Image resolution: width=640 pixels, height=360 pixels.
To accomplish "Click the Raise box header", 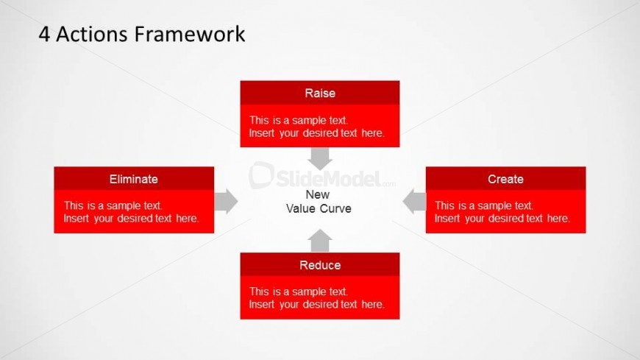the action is pyautogui.click(x=319, y=93).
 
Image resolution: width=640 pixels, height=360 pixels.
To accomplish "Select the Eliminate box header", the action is pyautogui.click(x=134, y=179).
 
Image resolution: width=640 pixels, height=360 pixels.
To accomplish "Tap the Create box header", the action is pyautogui.click(x=505, y=179).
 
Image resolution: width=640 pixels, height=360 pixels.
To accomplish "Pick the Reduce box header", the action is pyautogui.click(x=319, y=265).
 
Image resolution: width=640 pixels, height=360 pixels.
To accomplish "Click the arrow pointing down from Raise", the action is pyautogui.click(x=319, y=158).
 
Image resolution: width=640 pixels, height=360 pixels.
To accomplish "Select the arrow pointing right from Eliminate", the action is pyautogui.click(x=226, y=202).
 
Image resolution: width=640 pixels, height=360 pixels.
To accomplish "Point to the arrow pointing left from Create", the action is pyautogui.click(x=414, y=202).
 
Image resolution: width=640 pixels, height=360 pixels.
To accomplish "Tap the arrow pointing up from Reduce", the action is pyautogui.click(x=319, y=241).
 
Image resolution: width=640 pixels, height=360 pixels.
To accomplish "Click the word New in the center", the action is pyautogui.click(x=318, y=194).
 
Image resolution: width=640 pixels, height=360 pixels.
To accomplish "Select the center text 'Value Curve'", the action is pyautogui.click(x=319, y=208).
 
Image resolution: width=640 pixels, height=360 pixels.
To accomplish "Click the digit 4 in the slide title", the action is pyautogui.click(x=44, y=34).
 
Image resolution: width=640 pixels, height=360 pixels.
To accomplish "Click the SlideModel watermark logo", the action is pyautogui.click(x=322, y=176).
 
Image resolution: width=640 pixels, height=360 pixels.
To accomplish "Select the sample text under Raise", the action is pyautogui.click(x=317, y=127).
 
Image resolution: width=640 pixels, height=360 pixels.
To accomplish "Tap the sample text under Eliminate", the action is pyautogui.click(x=131, y=212).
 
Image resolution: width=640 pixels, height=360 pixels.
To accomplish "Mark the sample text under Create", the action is pyautogui.click(x=502, y=212).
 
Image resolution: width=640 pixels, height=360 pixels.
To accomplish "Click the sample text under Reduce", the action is pyautogui.click(x=317, y=298).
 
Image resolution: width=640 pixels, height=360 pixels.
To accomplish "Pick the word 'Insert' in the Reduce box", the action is pyautogui.click(x=262, y=305).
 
